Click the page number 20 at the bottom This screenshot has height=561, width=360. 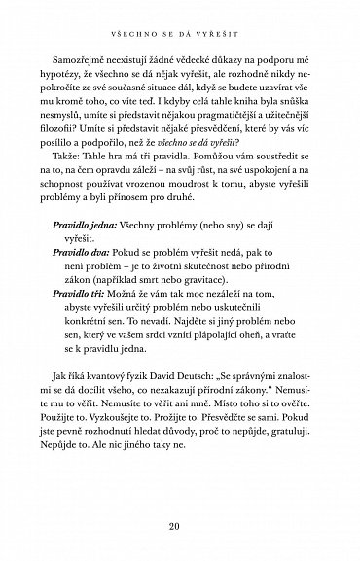tap(180, 528)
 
